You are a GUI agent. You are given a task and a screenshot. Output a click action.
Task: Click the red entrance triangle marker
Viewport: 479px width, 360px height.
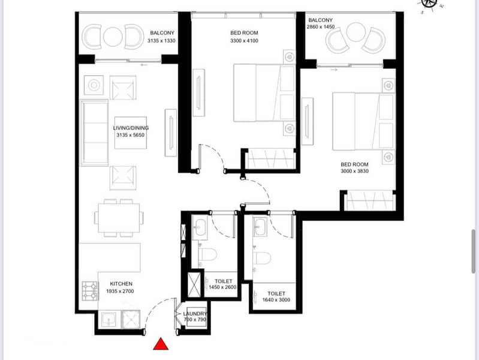pyautogui.click(x=161, y=344)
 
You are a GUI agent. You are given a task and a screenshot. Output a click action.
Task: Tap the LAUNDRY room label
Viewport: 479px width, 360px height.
pyautogui.click(x=195, y=314)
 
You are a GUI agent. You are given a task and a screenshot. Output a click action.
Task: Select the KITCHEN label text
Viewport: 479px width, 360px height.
pyautogui.click(x=121, y=284)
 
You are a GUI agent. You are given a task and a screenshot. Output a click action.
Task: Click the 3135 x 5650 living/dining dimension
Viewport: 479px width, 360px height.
pyautogui.click(x=131, y=135)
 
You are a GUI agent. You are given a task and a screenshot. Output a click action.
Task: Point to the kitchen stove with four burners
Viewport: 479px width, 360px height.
pyautogui.click(x=90, y=290)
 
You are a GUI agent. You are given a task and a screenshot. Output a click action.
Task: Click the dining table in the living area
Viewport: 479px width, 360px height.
pyautogui.click(x=119, y=218)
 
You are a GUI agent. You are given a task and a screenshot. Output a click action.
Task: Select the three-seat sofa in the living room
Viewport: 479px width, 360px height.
pyautogui.click(x=94, y=133)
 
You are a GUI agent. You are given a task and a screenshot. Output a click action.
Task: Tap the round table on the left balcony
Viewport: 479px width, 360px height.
pyautogui.click(x=113, y=37)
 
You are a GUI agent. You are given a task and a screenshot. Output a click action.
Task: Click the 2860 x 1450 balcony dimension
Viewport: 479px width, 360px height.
pyautogui.click(x=321, y=27)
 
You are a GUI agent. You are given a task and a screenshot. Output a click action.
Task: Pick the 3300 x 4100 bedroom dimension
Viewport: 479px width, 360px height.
pyautogui.click(x=245, y=41)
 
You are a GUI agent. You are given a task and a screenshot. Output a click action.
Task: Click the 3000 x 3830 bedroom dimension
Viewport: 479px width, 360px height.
pyautogui.click(x=355, y=171)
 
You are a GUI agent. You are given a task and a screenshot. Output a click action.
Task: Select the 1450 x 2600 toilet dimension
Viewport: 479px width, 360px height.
pyautogui.click(x=222, y=287)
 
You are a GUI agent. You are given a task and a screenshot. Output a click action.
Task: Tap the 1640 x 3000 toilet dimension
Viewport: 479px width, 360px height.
pyautogui.click(x=276, y=300)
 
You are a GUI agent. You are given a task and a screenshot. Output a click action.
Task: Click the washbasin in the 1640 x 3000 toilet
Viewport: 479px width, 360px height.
pyautogui.click(x=261, y=227)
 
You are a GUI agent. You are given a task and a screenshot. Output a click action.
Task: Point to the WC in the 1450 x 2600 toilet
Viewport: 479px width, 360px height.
pyautogui.click(x=208, y=254)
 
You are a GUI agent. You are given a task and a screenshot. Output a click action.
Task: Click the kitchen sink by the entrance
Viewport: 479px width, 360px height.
pyautogui.click(x=109, y=319)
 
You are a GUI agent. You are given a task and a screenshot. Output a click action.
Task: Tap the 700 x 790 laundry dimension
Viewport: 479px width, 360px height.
pyautogui.click(x=195, y=320)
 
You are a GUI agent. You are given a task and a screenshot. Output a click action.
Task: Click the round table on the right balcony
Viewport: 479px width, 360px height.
pyautogui.click(x=356, y=32)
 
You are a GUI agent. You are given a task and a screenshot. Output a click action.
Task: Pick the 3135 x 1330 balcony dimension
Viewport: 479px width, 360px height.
pyautogui.click(x=162, y=41)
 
